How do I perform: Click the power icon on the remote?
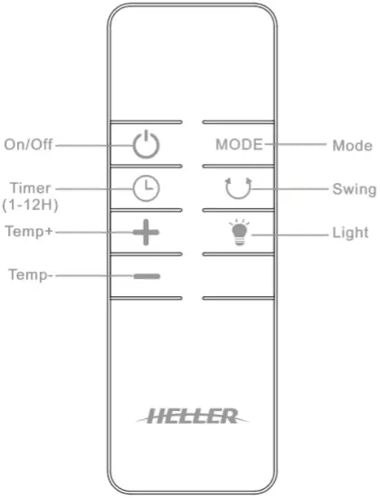coord(146,144)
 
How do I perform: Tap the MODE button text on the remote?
coord(239,144)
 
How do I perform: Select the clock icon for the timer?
coord(146,188)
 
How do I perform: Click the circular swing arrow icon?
coord(238,188)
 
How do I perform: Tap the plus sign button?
coord(146,233)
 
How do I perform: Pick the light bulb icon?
coord(237,233)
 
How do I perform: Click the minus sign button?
coord(146,274)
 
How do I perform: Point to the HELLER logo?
coord(190,416)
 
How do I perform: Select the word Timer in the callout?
coord(31,187)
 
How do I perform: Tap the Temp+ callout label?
coord(30,232)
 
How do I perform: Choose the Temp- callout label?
coord(30,274)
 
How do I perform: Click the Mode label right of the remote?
coord(352,144)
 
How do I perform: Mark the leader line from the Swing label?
coord(291,189)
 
